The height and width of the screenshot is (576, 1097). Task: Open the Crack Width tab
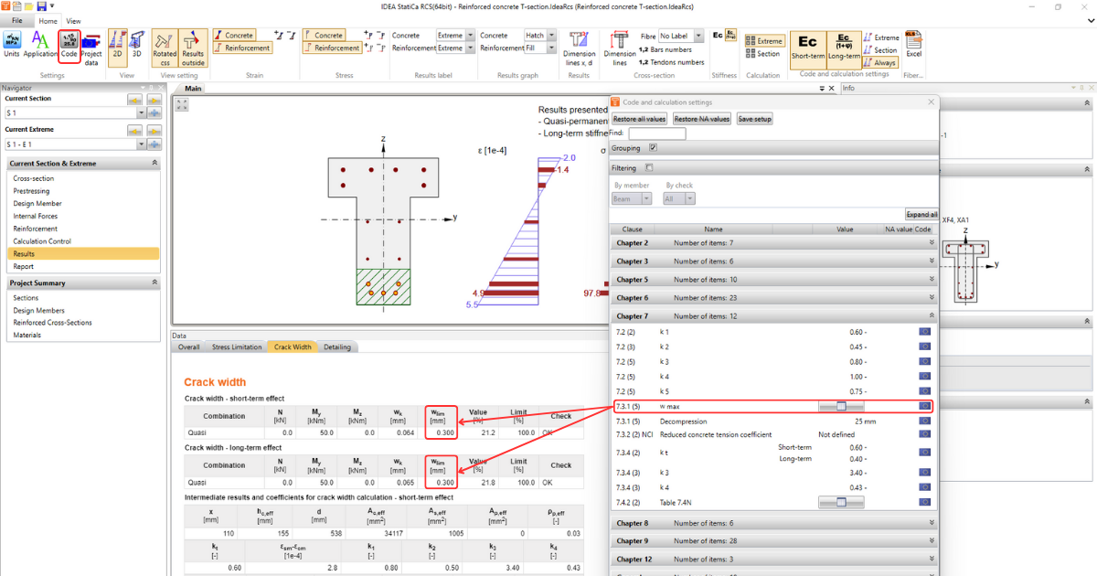(x=293, y=347)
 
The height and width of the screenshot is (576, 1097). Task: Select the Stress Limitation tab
(x=236, y=347)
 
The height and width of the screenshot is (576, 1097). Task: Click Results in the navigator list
(x=25, y=254)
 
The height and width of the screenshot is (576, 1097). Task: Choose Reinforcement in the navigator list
(x=36, y=229)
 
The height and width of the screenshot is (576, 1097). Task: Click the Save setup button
(x=755, y=119)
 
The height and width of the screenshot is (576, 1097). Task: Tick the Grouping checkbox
(x=653, y=147)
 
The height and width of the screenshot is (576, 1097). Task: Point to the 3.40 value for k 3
(x=857, y=474)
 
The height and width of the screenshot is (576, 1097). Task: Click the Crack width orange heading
(x=215, y=382)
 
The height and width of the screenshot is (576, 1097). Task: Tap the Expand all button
(x=921, y=214)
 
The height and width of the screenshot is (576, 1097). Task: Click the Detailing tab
(x=336, y=347)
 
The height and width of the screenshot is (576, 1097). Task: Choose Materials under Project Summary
(x=27, y=335)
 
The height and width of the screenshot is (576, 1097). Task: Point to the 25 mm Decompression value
(x=865, y=421)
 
